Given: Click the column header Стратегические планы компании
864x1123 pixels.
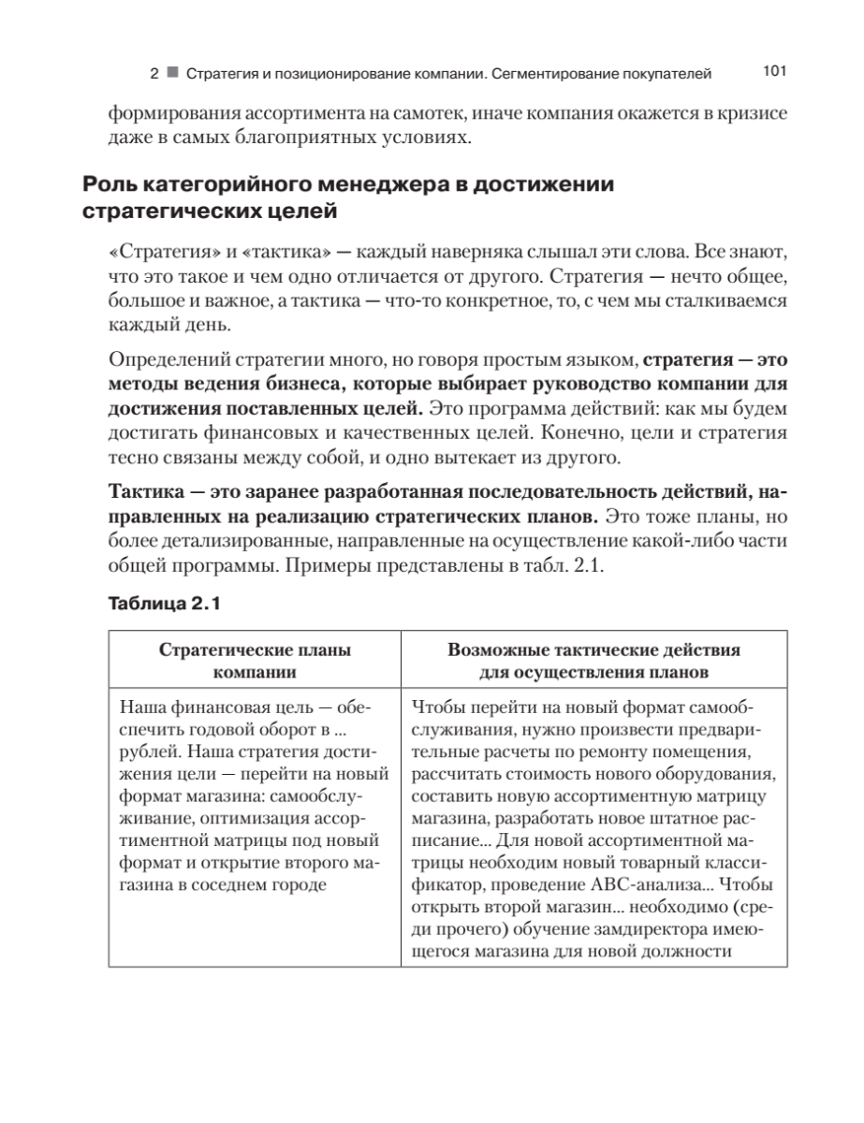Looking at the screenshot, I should pyautogui.click(x=255, y=662).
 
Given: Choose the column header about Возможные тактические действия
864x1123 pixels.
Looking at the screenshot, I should pyautogui.click(x=594, y=662).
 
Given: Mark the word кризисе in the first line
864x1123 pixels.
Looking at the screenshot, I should pyautogui.click(x=740, y=113).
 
